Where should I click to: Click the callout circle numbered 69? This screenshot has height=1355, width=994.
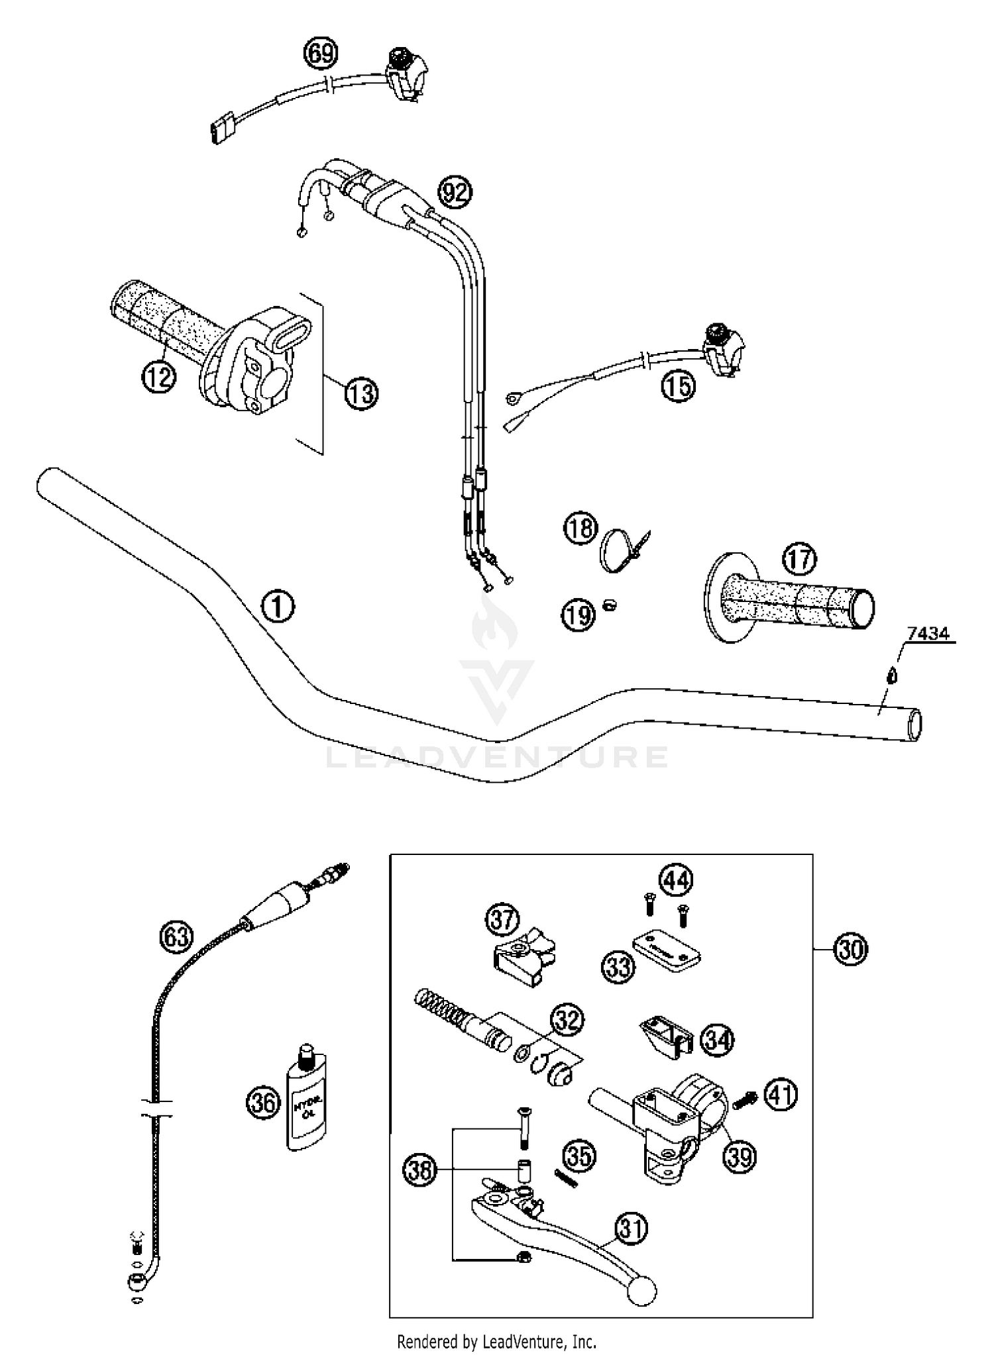coord(321,53)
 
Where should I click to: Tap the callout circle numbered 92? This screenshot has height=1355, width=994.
coord(455,193)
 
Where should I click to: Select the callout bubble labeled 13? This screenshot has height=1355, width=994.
coord(361,393)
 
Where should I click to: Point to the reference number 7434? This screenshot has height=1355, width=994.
coord(928,634)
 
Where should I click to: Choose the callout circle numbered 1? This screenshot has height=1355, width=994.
coord(278,607)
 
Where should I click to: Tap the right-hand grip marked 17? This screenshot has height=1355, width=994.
coord(795,599)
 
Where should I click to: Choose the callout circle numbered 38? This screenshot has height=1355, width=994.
coord(421,1171)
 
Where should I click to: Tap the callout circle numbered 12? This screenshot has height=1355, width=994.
coord(159,377)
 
